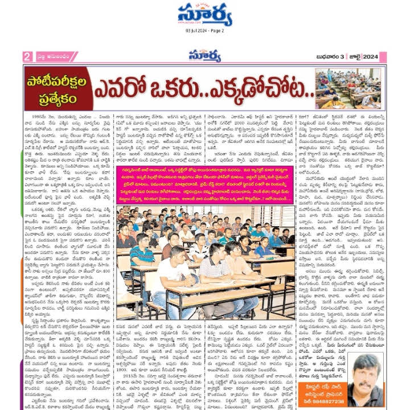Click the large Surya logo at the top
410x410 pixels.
pyautogui.click(x=205, y=15)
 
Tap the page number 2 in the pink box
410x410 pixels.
pyautogui.click(x=27, y=56)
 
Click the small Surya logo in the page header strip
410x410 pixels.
pyautogui.click(x=206, y=56)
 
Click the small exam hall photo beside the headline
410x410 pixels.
pyautogui.click(x=350, y=88)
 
